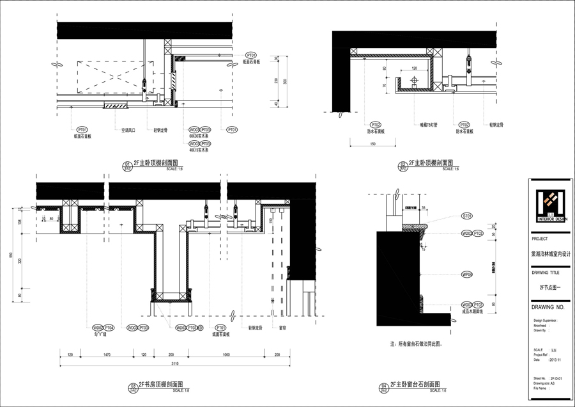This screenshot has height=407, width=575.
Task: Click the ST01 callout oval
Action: click(x=466, y=216)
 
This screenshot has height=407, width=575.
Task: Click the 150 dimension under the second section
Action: click(x=372, y=145)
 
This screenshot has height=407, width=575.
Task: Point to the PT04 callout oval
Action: click(x=109, y=327)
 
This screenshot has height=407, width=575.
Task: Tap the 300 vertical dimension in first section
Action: click(x=286, y=81)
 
